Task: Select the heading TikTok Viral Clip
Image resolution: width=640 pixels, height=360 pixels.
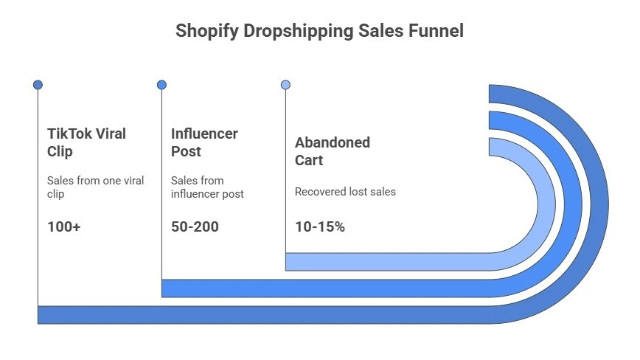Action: point(86,142)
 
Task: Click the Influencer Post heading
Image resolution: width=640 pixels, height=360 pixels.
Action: point(204,142)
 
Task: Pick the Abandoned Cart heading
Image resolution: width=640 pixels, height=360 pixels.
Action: point(332,150)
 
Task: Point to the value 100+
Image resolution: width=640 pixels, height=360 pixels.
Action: point(64,226)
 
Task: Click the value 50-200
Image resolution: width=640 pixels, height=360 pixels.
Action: point(195,226)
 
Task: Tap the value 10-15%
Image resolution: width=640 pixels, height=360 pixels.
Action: point(320,226)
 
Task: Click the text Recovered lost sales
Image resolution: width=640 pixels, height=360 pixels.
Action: point(345,192)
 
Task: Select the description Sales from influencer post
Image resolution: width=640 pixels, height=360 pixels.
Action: point(207,187)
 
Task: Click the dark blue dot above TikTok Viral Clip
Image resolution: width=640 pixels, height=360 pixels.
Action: point(38,85)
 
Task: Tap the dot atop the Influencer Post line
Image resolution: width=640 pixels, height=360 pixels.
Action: point(161,85)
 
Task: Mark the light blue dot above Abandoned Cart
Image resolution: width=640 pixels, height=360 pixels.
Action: point(285,85)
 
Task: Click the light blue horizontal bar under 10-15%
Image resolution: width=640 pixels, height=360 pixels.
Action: point(383,261)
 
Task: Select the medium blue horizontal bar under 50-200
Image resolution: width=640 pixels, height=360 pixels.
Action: point(324,288)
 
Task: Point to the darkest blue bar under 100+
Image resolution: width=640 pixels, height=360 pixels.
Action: point(258,314)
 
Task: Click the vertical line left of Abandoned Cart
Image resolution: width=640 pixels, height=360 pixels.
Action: point(285,170)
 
